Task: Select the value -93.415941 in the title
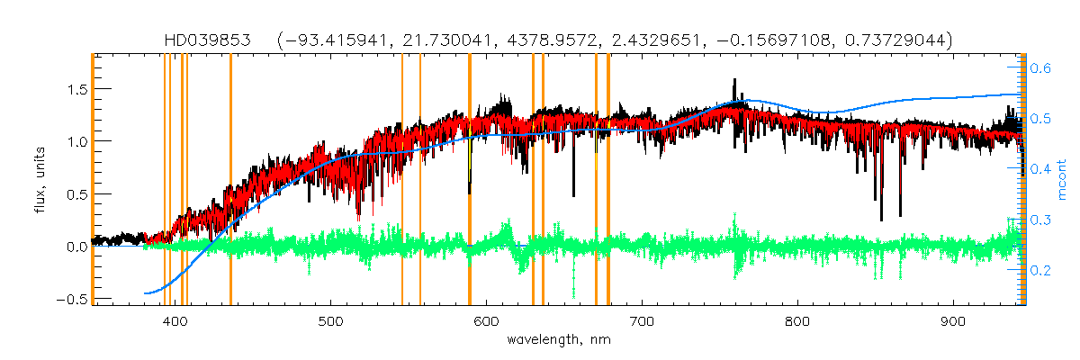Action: (x=332, y=40)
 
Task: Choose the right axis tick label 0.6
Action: (x=1040, y=67)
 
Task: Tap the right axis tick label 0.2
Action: (x=1040, y=270)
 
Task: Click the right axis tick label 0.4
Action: (x=1040, y=169)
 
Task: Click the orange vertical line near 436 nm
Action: (x=230, y=180)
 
